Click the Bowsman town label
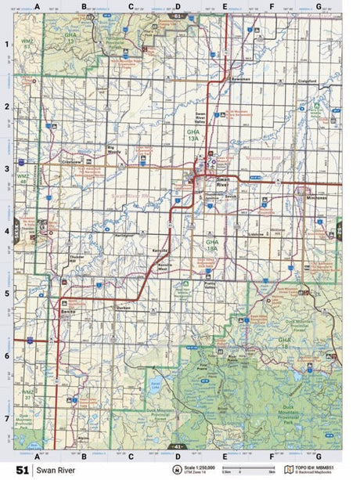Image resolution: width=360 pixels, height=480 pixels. click(x=239, y=79)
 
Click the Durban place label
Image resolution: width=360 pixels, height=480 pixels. click(x=123, y=308)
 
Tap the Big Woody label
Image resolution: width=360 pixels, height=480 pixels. click(x=116, y=147)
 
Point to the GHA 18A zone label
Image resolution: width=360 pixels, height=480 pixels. click(x=213, y=245)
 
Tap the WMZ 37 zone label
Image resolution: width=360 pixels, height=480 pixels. click(x=27, y=393)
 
